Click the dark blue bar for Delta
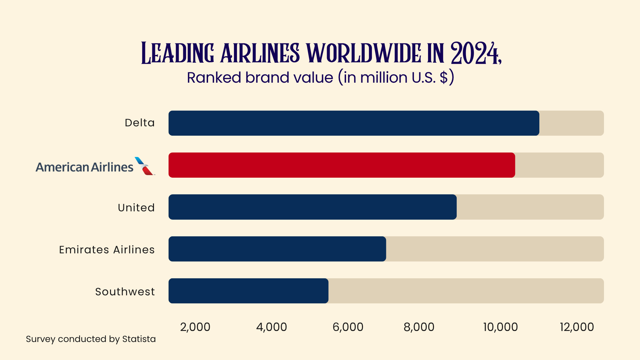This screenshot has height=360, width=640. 354,123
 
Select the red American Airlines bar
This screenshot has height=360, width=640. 342,165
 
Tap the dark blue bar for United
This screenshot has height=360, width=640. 312,207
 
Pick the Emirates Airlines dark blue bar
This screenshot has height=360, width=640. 277,249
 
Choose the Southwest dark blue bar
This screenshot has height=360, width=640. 248,291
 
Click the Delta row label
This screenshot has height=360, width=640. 140,123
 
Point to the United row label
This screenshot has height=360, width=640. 136,207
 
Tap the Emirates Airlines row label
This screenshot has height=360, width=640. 107,249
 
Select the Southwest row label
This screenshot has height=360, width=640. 125,291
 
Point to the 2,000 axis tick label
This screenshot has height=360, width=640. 195,327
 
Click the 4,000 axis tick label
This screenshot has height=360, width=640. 271,327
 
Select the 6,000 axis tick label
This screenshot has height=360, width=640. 348,327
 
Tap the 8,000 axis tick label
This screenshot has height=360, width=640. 419,327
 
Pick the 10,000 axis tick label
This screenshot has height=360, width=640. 500,327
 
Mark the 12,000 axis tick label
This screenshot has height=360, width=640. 577,327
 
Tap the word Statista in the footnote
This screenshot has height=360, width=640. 139,339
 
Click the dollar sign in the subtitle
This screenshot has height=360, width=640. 443,78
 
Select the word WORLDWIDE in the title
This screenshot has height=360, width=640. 364,53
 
